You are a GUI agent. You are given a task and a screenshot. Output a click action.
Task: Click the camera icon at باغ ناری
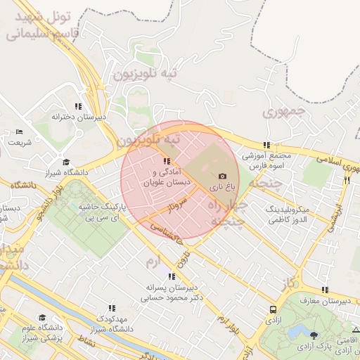(223, 176)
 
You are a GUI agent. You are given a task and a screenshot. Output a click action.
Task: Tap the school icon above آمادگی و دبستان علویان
(166, 161)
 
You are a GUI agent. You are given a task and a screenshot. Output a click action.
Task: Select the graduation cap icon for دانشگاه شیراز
(67, 162)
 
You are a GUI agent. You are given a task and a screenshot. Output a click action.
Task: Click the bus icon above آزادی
(273, 309)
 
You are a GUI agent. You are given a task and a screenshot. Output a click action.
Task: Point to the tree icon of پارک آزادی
(313, 335)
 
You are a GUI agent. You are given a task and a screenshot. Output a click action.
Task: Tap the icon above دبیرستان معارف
(324, 290)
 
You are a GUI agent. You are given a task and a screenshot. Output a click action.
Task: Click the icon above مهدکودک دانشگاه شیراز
(112, 308)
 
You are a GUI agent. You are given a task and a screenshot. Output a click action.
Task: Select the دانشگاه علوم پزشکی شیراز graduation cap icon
(41, 318)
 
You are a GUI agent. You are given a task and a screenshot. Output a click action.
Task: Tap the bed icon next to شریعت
(19, 131)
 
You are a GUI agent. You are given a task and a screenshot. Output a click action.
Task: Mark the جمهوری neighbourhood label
(284, 111)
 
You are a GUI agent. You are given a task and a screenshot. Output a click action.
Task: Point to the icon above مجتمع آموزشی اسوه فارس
(266, 145)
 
